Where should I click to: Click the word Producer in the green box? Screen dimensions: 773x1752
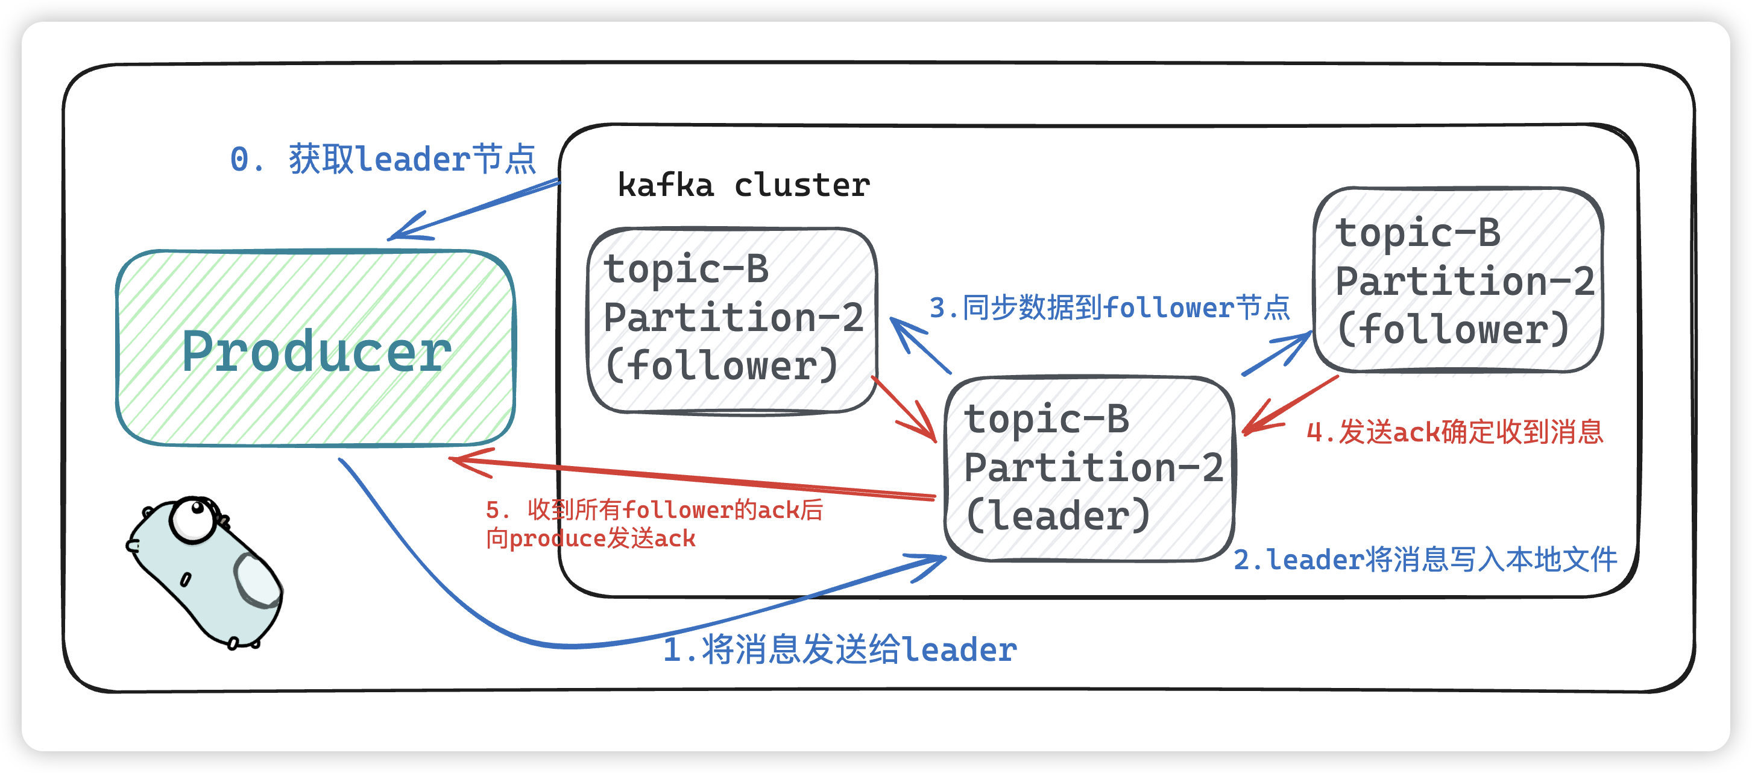click(x=317, y=351)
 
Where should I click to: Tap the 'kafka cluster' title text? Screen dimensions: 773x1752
click(x=743, y=185)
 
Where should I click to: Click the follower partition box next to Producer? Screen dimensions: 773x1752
click(x=732, y=320)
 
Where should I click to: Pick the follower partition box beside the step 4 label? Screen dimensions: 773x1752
click(x=1458, y=280)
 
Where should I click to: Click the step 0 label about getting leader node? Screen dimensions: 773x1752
click(x=383, y=159)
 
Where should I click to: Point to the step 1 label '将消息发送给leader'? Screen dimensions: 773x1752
click(x=840, y=649)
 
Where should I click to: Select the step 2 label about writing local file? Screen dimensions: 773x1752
click(x=1425, y=560)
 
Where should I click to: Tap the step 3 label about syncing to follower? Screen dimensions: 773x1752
click(x=1109, y=308)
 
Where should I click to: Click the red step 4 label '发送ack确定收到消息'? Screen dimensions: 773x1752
click(x=1455, y=431)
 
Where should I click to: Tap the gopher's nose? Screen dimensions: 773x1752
click(x=133, y=546)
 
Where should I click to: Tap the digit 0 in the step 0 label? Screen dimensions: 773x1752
click(x=239, y=159)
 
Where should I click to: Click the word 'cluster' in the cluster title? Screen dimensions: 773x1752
click(x=802, y=185)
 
